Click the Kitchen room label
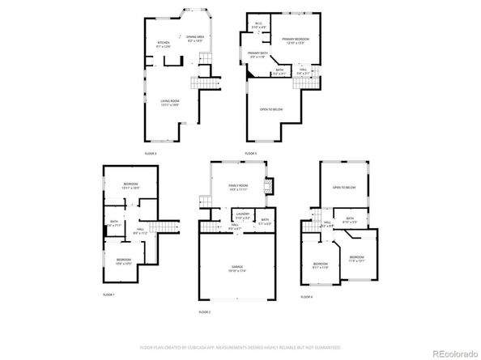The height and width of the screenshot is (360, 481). pos(164,44)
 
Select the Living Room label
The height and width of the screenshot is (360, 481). pos(169,103)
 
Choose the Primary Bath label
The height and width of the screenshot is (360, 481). pos(258,55)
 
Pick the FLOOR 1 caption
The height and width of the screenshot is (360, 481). pos(109,294)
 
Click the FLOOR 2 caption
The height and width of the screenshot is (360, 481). pos(204,311)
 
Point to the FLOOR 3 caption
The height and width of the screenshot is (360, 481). pos(151,153)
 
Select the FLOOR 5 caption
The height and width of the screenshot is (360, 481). pos(251,153)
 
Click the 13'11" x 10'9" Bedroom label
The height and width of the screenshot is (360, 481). pos(131,186)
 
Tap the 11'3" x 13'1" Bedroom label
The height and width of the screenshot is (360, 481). pos(357,259)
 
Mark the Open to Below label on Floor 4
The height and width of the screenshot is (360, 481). pos(343,188)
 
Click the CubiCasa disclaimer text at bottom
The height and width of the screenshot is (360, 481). pos(240,347)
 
